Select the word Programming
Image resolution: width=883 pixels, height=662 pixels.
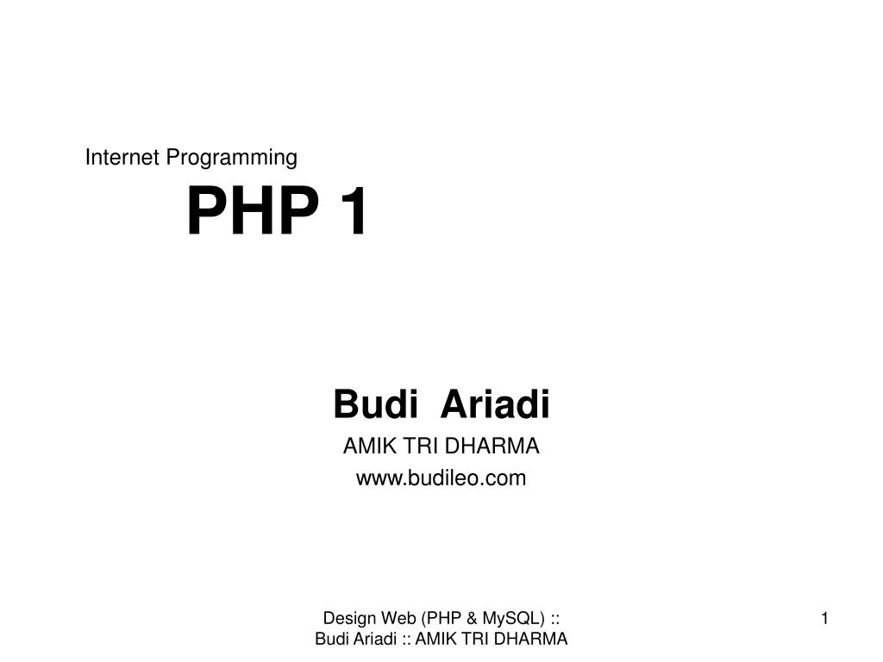231,159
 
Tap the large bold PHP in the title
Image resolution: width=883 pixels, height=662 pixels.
253,210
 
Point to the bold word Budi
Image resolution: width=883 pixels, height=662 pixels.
376,404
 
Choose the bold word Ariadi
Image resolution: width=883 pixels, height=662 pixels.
495,404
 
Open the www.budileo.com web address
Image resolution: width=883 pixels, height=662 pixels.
441,478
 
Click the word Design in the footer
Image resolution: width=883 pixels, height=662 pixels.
349,618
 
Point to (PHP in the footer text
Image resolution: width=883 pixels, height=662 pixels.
441,619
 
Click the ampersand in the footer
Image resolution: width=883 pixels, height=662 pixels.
472,618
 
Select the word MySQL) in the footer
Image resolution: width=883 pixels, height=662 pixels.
514,619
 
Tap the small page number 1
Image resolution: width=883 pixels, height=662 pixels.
825,619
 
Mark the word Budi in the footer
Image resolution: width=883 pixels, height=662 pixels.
332,639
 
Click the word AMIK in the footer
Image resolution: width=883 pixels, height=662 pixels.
435,639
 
